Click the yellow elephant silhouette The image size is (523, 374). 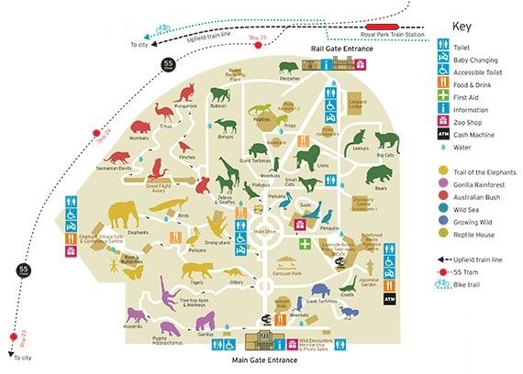coord(128,217)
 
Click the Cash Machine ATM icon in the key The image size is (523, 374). coord(443,147)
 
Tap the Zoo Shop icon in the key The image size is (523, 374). coord(443,129)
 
